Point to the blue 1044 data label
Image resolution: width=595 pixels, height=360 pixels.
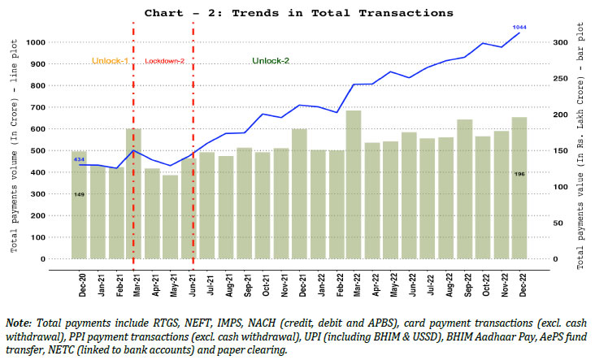pos(519,27)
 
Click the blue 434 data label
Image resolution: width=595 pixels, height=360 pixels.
pos(80,160)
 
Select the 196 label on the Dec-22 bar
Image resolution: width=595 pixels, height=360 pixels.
pos(519,174)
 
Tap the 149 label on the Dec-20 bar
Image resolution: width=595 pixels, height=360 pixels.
pos(80,194)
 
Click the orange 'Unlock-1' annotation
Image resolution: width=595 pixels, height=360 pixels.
pos(108,62)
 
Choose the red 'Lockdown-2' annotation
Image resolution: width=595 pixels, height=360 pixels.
pos(164,62)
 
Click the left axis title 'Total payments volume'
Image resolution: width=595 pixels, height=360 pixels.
pos(14,175)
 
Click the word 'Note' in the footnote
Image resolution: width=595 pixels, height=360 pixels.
pos(19,323)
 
